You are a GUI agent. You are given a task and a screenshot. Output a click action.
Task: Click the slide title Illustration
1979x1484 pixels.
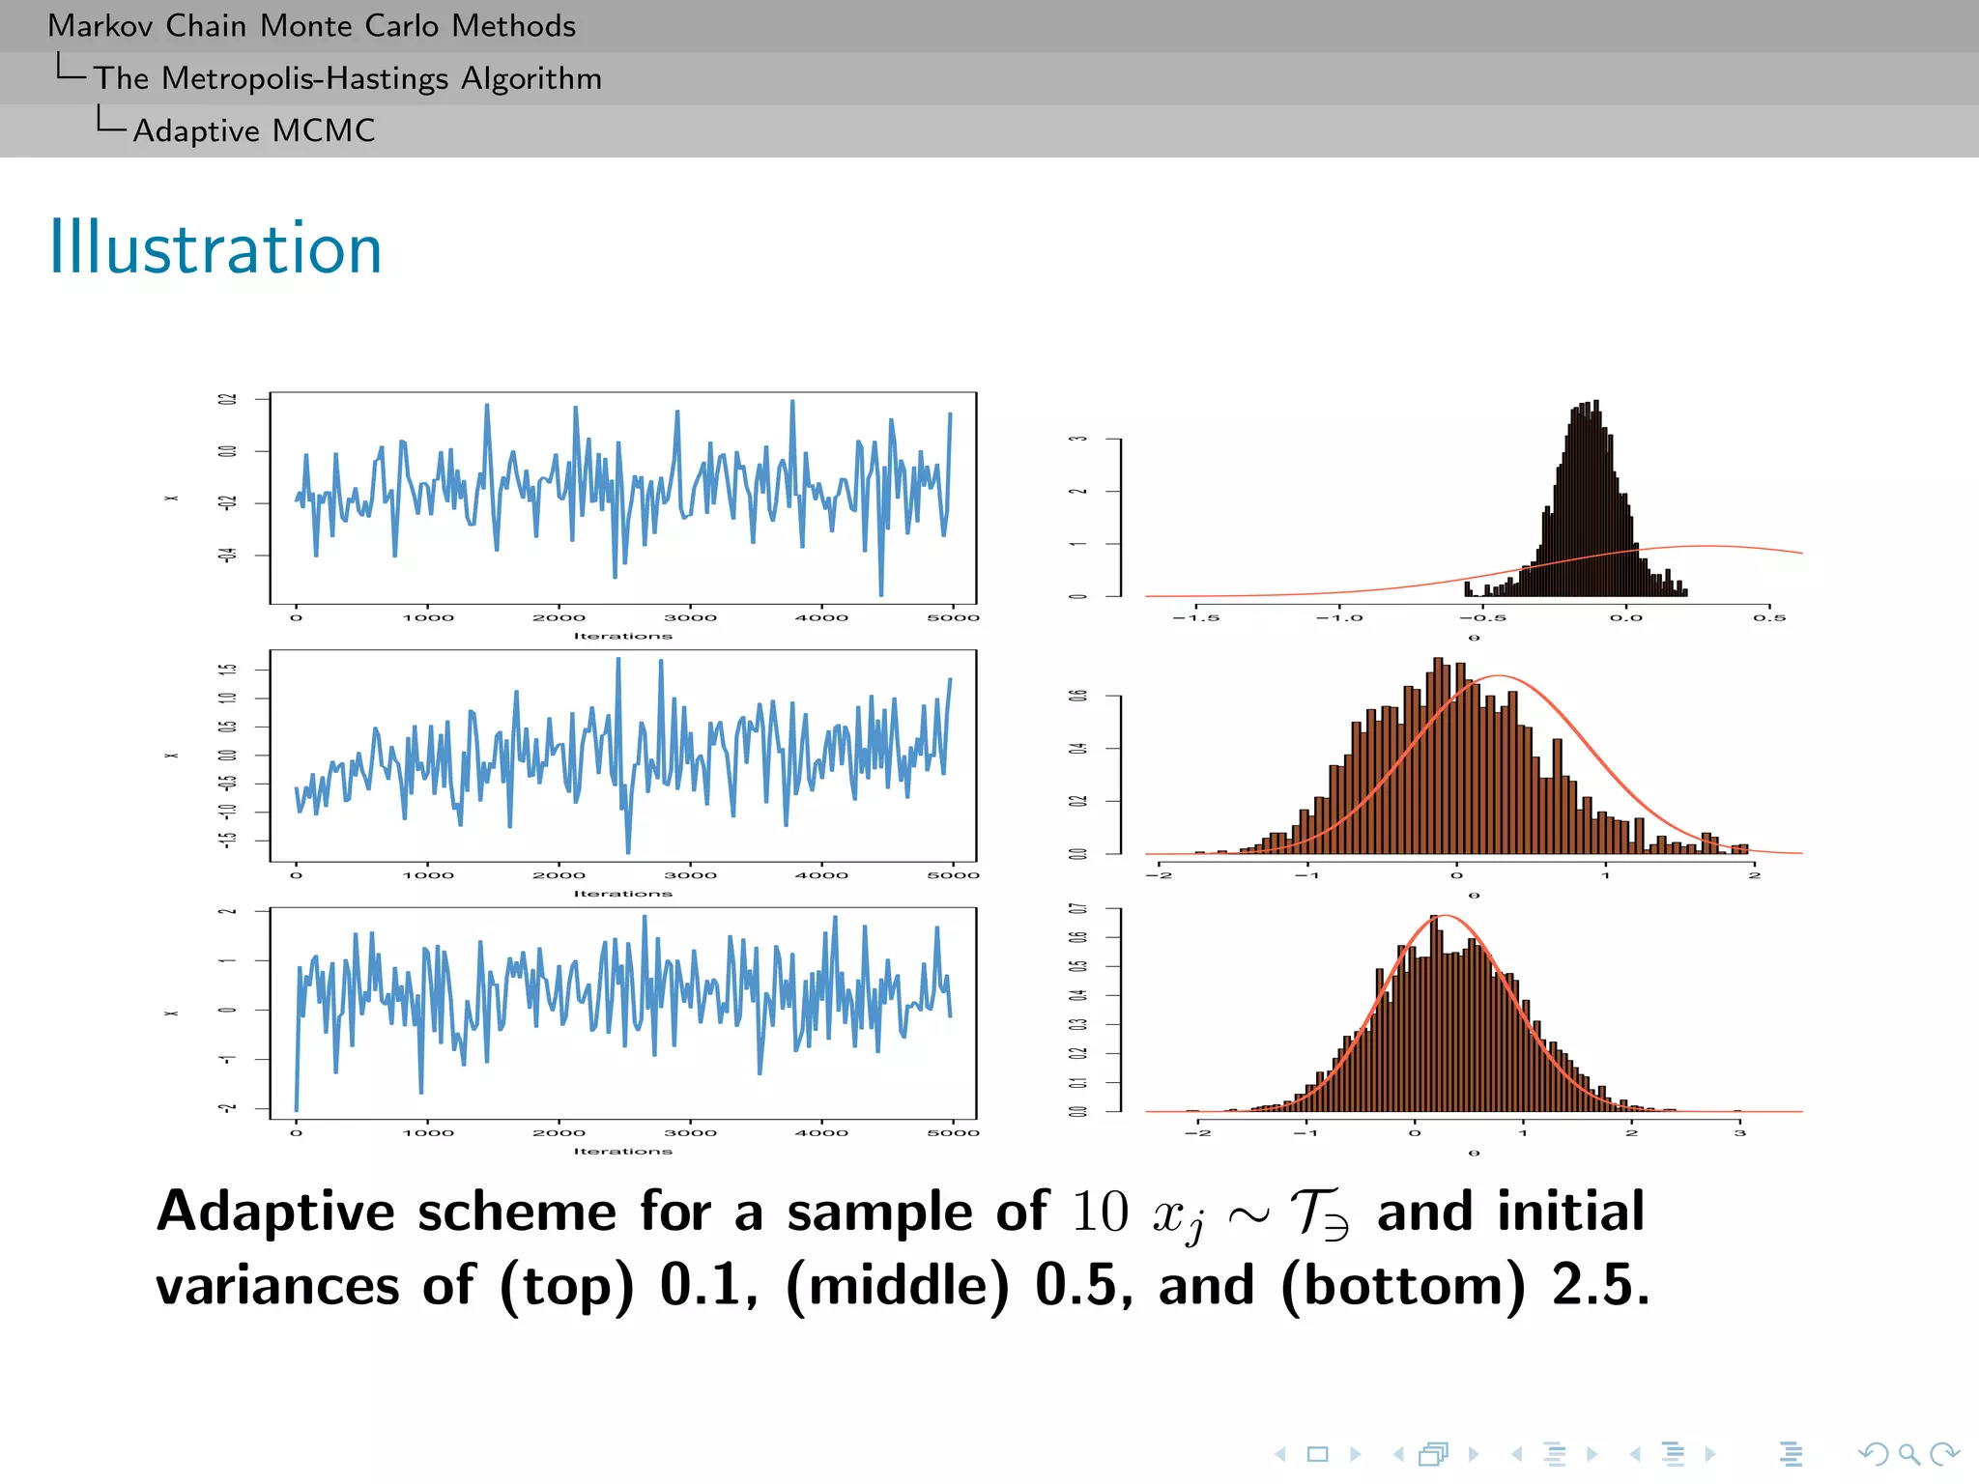(x=215, y=248)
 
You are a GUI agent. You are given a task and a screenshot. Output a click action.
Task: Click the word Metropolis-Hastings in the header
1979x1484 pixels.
(x=305, y=78)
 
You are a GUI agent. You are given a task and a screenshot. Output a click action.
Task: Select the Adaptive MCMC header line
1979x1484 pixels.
(x=253, y=130)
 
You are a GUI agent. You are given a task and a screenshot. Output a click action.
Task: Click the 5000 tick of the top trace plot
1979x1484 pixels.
(x=953, y=617)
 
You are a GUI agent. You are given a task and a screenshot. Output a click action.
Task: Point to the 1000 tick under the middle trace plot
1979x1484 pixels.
(x=428, y=875)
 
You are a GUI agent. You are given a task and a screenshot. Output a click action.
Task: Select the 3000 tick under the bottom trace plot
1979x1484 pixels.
(x=690, y=1132)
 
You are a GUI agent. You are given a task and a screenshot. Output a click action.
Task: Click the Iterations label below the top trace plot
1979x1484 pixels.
(x=622, y=636)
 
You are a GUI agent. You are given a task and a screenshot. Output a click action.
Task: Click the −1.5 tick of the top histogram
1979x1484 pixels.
(x=1196, y=617)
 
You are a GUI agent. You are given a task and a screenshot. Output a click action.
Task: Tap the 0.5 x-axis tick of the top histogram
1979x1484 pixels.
(x=1769, y=617)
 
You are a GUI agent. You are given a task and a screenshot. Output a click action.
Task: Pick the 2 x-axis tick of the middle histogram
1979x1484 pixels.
(x=1754, y=875)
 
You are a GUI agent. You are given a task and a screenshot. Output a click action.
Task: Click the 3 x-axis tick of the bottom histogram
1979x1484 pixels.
(x=1739, y=1132)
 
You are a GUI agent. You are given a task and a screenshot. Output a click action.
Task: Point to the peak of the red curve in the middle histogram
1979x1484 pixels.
(x=1497, y=676)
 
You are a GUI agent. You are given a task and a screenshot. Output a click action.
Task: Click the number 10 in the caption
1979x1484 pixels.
(x=1100, y=1212)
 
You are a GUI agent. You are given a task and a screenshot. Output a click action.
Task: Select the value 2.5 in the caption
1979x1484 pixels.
(x=1600, y=1285)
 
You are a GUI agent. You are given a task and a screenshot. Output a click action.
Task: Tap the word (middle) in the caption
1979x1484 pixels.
(x=898, y=1285)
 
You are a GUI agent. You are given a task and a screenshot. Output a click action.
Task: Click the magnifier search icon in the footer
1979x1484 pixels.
(x=1908, y=1453)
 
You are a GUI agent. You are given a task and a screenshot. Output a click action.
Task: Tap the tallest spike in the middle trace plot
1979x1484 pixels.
(x=618, y=660)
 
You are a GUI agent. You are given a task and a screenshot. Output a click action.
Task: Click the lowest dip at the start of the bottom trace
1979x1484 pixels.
(x=296, y=1109)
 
